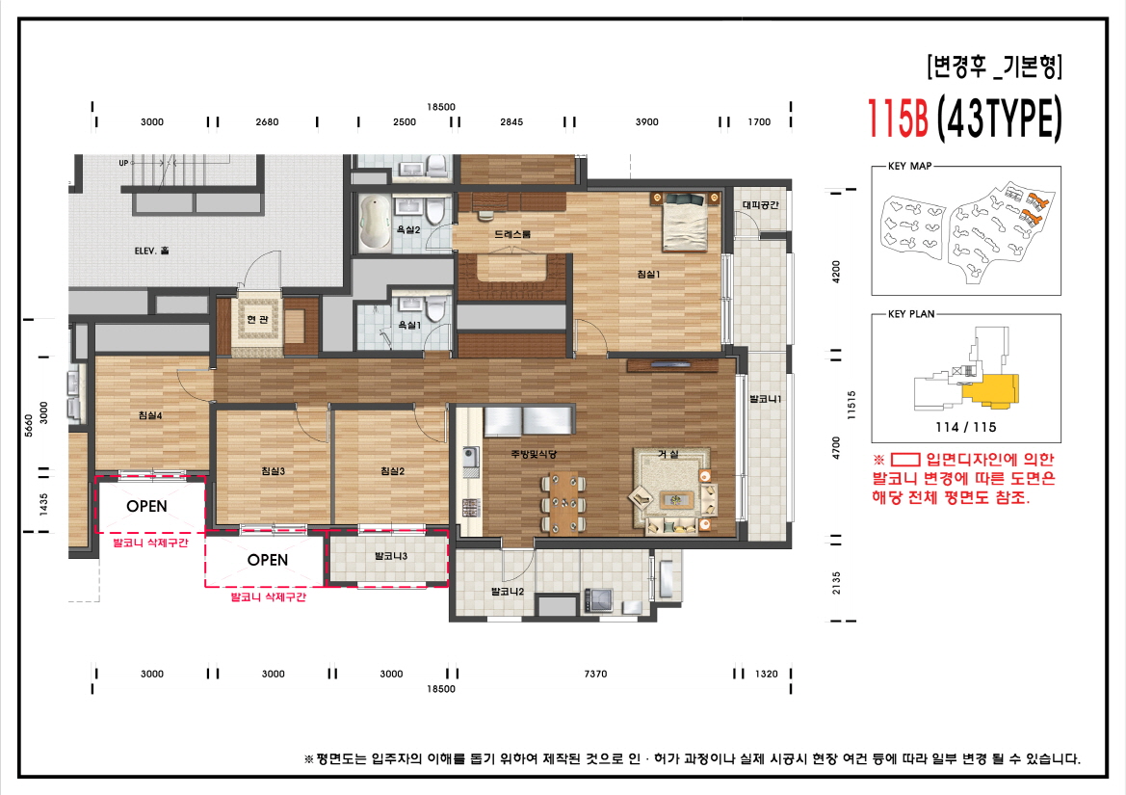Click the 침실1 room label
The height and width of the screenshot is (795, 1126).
click(648, 274)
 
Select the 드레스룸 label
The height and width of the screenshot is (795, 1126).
click(512, 234)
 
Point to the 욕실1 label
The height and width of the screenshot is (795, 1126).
click(409, 325)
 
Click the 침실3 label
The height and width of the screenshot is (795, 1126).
click(273, 470)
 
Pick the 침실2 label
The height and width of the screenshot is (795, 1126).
click(391, 470)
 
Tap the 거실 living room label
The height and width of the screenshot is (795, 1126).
click(668, 453)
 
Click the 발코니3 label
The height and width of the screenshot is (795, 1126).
click(390, 556)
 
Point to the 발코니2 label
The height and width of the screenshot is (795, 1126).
click(507, 592)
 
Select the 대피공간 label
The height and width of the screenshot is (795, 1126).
click(760, 204)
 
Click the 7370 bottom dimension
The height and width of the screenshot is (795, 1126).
click(595, 675)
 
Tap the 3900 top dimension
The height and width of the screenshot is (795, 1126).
click(647, 122)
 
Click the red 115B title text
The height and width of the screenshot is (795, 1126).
click(897, 119)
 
